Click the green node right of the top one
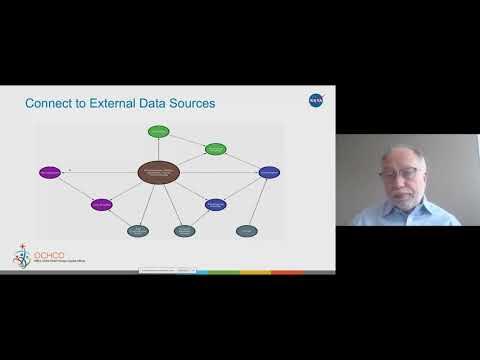[216, 149]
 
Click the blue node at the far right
[268, 172]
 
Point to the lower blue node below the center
[216, 204]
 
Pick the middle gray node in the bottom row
[184, 231]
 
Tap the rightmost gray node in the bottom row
[246, 231]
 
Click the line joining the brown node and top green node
[160, 146]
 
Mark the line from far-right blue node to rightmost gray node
[257, 202]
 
